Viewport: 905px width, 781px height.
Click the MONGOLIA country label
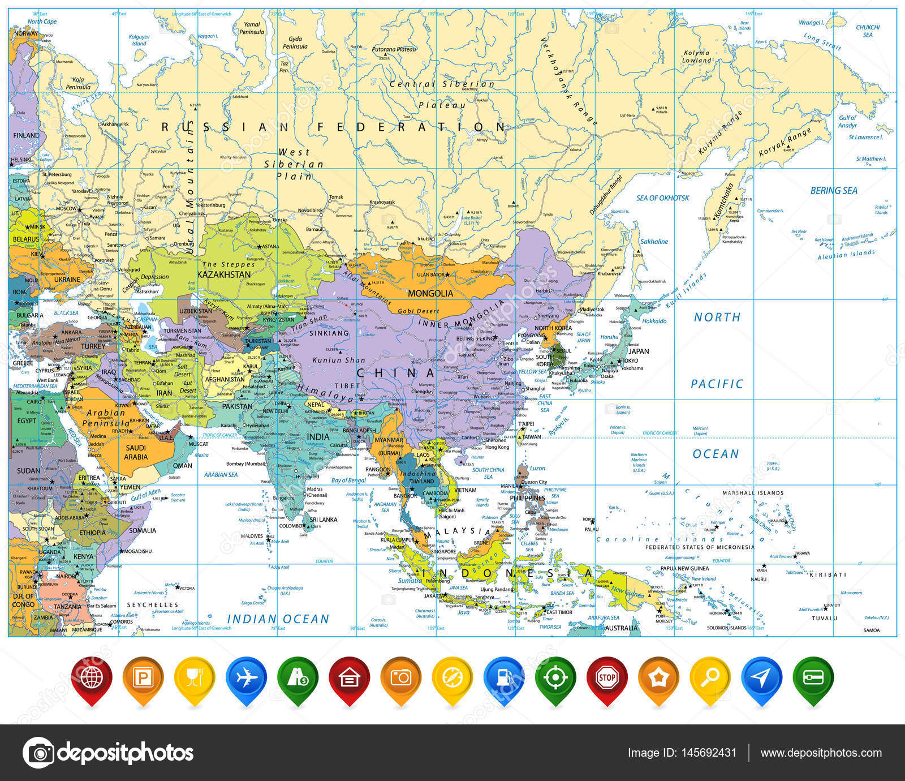430,293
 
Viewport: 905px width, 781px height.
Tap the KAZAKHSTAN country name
223,274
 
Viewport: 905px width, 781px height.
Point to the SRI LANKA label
323,520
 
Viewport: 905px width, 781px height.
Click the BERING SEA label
834,191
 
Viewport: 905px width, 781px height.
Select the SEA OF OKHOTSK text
663,198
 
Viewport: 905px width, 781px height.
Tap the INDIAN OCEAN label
278,619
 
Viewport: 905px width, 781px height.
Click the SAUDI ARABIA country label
136,452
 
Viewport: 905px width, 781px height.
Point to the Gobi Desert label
419,311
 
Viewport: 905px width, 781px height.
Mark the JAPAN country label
639,351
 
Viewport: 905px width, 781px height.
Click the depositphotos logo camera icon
38,753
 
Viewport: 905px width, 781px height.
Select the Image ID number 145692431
708,753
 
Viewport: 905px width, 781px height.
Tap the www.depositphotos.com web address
821,753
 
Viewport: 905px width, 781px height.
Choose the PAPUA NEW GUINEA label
684,568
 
